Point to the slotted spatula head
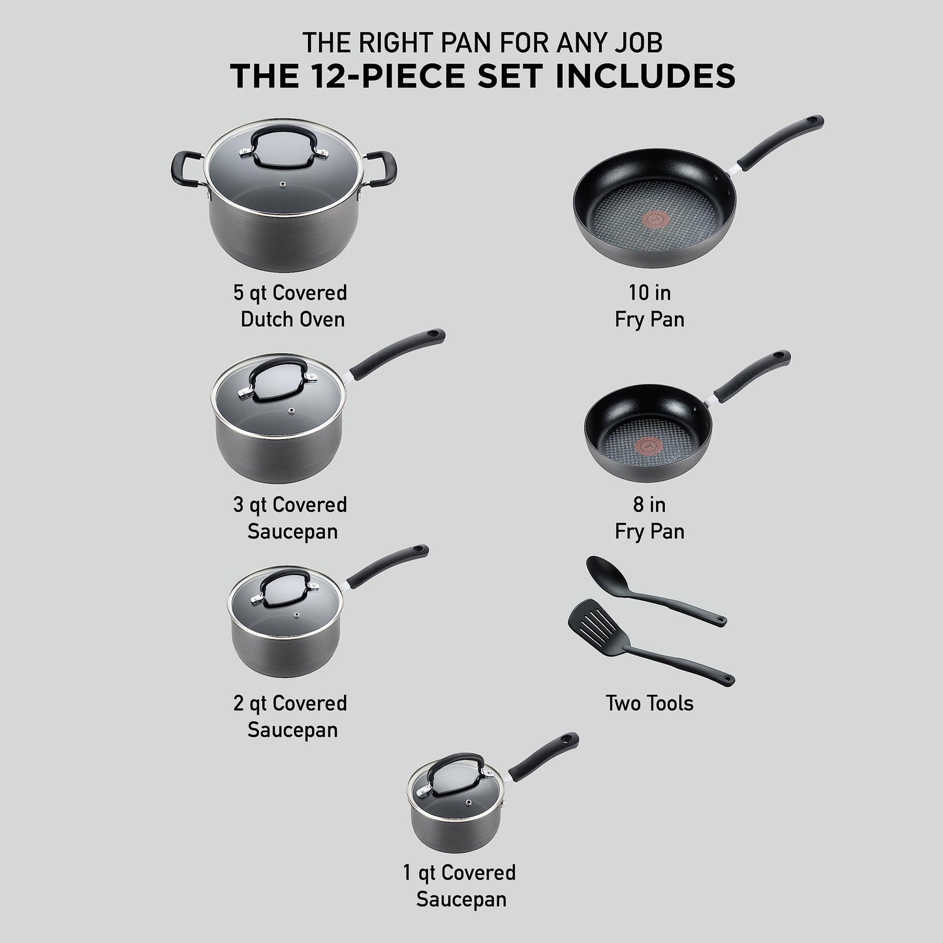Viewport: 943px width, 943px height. click(x=587, y=616)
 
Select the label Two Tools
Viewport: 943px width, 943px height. click(x=649, y=703)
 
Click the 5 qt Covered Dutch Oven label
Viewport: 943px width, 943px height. click(x=291, y=305)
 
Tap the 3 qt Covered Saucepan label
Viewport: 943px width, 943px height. click(x=291, y=518)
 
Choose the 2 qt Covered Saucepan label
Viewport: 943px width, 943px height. click(x=291, y=716)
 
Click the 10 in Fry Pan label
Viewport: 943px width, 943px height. click(x=649, y=305)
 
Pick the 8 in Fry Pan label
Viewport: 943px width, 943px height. click(x=649, y=518)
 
